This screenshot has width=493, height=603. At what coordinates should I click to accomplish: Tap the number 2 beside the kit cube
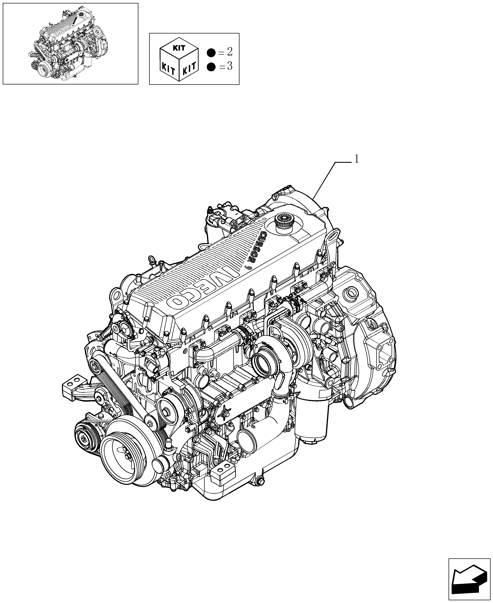pyautogui.click(x=230, y=52)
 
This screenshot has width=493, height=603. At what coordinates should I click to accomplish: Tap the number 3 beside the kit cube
pyautogui.click(x=230, y=66)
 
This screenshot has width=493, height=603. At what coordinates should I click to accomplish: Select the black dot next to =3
pyautogui.click(x=211, y=67)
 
